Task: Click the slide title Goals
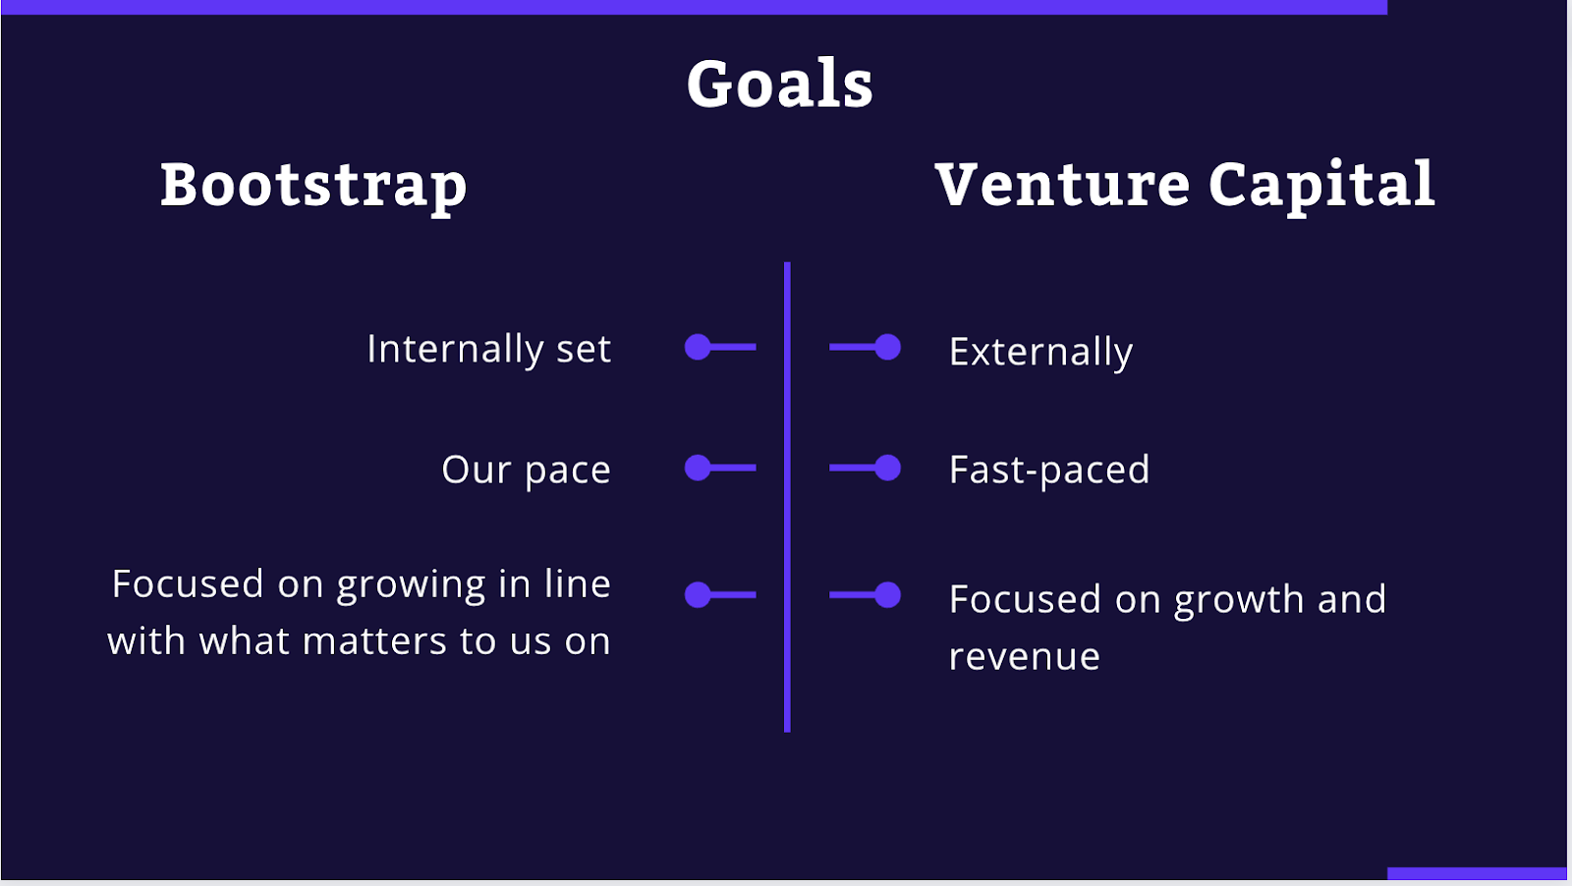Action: click(x=780, y=83)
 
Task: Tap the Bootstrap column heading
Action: click(x=313, y=186)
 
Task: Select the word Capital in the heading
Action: click(x=1321, y=186)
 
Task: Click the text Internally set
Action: click(x=489, y=349)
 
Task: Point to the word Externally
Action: click(x=1040, y=352)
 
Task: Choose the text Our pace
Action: click(x=527, y=470)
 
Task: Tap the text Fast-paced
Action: click(x=1049, y=470)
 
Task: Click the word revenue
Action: click(x=1025, y=657)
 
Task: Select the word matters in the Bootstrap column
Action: click(x=374, y=641)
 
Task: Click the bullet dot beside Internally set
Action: click(x=698, y=347)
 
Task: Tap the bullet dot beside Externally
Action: click(x=888, y=347)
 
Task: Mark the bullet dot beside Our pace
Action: click(x=698, y=468)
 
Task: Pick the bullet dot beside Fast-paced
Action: click(x=888, y=468)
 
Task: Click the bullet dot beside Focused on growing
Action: click(x=698, y=595)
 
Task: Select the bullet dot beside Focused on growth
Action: click(x=888, y=595)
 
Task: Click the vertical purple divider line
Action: click(x=787, y=497)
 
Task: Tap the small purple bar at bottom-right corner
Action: click(x=1477, y=873)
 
